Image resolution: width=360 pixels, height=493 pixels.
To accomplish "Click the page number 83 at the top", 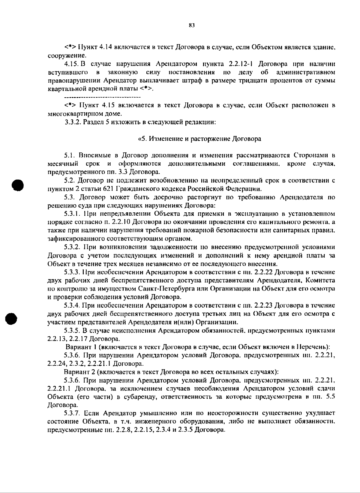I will (x=192, y=25).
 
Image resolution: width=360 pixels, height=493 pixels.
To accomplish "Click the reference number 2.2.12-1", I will (x=241, y=64).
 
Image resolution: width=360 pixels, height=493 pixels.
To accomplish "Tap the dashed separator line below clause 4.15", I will (x=103, y=97).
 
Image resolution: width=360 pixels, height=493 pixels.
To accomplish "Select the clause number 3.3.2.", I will (x=73, y=122).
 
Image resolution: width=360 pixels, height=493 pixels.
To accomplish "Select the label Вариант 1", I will (x=80, y=347).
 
